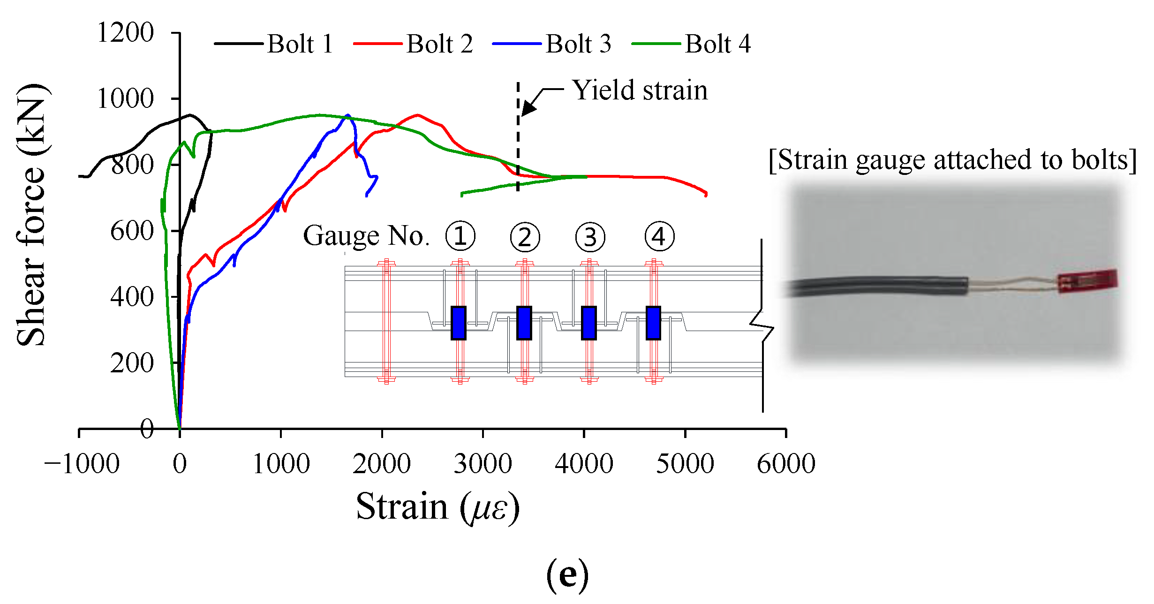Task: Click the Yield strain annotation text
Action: pos(640,90)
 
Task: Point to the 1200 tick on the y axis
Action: pos(126,33)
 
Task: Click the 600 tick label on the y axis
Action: pos(132,231)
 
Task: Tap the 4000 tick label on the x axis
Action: pos(584,464)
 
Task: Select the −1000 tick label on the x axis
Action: pos(82,464)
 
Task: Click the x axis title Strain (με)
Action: pos(437,507)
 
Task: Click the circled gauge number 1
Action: pos(460,236)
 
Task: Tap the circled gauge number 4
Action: pos(659,236)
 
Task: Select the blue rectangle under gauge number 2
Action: pos(524,323)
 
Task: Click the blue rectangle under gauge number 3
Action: pos(588,323)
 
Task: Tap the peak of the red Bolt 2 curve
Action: pos(417,114)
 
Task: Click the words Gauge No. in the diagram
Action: pos(366,236)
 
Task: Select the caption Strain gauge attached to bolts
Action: pos(952,160)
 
